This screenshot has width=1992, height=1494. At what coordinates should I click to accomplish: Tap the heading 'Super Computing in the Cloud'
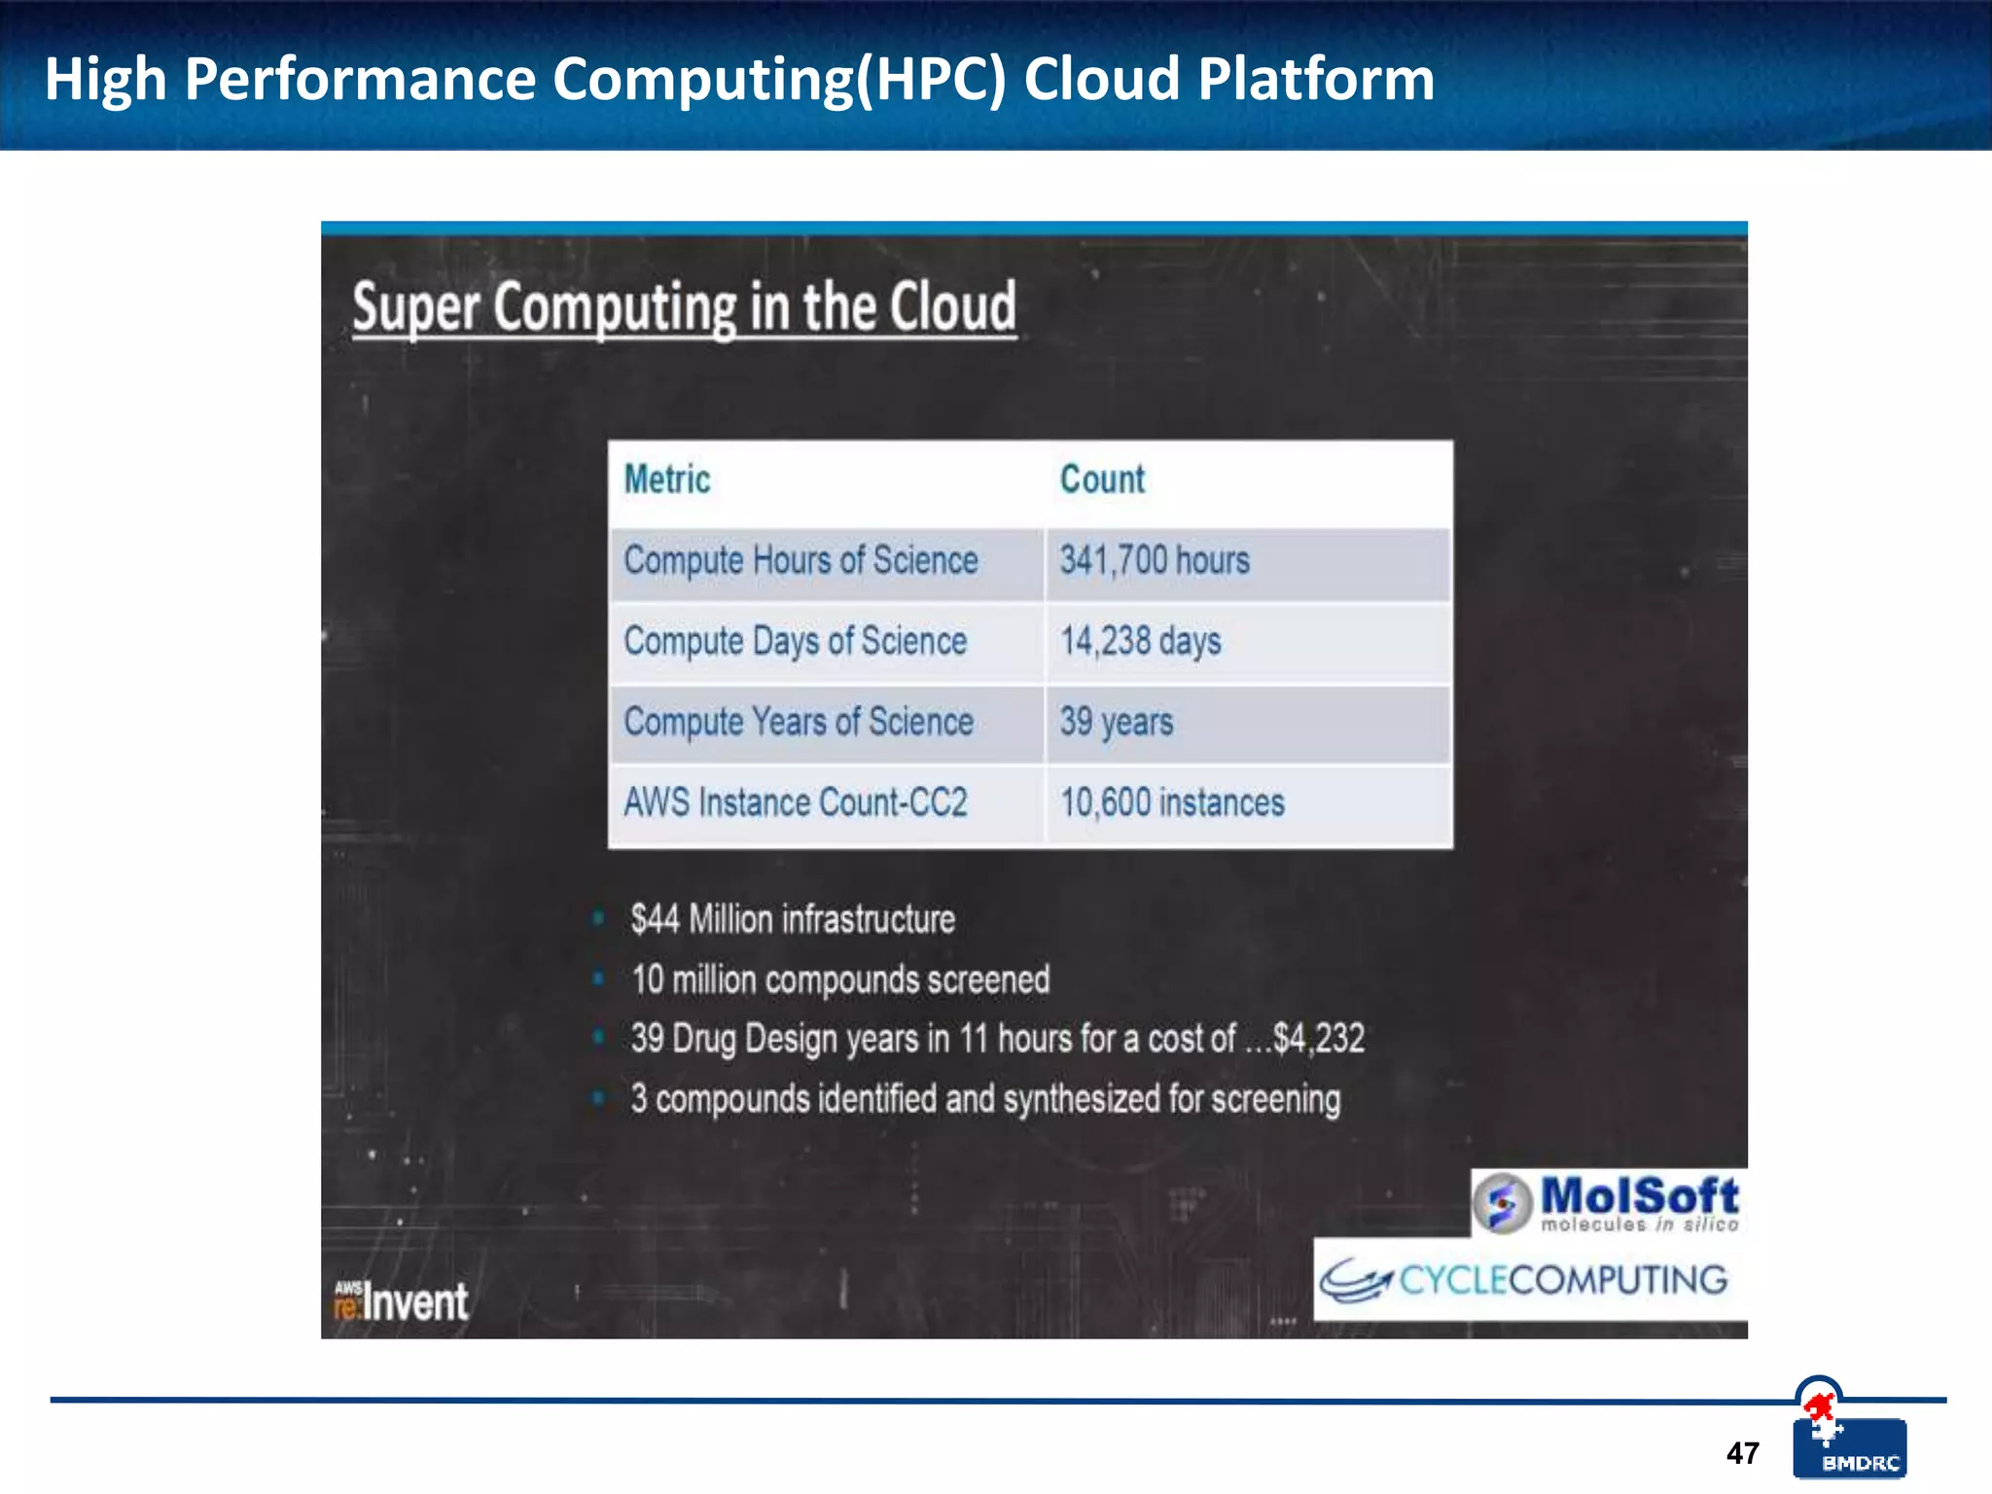pos(685,307)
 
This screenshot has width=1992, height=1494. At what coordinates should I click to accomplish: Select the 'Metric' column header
pos(667,480)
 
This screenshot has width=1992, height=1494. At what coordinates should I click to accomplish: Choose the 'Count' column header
pos(1102,480)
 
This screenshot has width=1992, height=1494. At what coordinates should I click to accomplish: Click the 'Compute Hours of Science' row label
pos(800,560)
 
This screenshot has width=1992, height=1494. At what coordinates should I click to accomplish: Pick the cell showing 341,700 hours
pos(1155,560)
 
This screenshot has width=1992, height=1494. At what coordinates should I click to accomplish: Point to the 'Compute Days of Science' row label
pos(796,641)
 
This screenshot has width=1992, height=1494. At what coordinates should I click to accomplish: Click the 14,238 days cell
pos(1140,641)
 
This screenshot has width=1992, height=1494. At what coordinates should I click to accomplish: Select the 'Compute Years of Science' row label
pos(799,722)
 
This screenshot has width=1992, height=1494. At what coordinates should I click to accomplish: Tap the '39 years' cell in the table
pos(1117,722)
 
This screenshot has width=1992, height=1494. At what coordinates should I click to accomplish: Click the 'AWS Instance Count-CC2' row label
pos(796,802)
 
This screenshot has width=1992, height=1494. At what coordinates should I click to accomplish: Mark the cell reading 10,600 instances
pos(1172,802)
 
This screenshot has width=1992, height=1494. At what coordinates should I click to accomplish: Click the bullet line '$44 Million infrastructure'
pos(793,919)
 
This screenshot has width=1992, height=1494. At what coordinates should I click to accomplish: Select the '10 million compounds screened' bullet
pos(840,979)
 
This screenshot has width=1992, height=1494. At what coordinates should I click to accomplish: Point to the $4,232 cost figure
pos(1319,1039)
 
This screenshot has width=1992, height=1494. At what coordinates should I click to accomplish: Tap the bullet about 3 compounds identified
pos(985,1099)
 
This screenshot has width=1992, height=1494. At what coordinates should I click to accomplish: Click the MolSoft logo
pos(1607,1203)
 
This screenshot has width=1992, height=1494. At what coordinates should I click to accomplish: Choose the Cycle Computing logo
pos(1524,1280)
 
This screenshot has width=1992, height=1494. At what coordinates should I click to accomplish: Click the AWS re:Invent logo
pos(401,1301)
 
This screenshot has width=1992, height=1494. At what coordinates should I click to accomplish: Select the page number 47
pos(1742,1453)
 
